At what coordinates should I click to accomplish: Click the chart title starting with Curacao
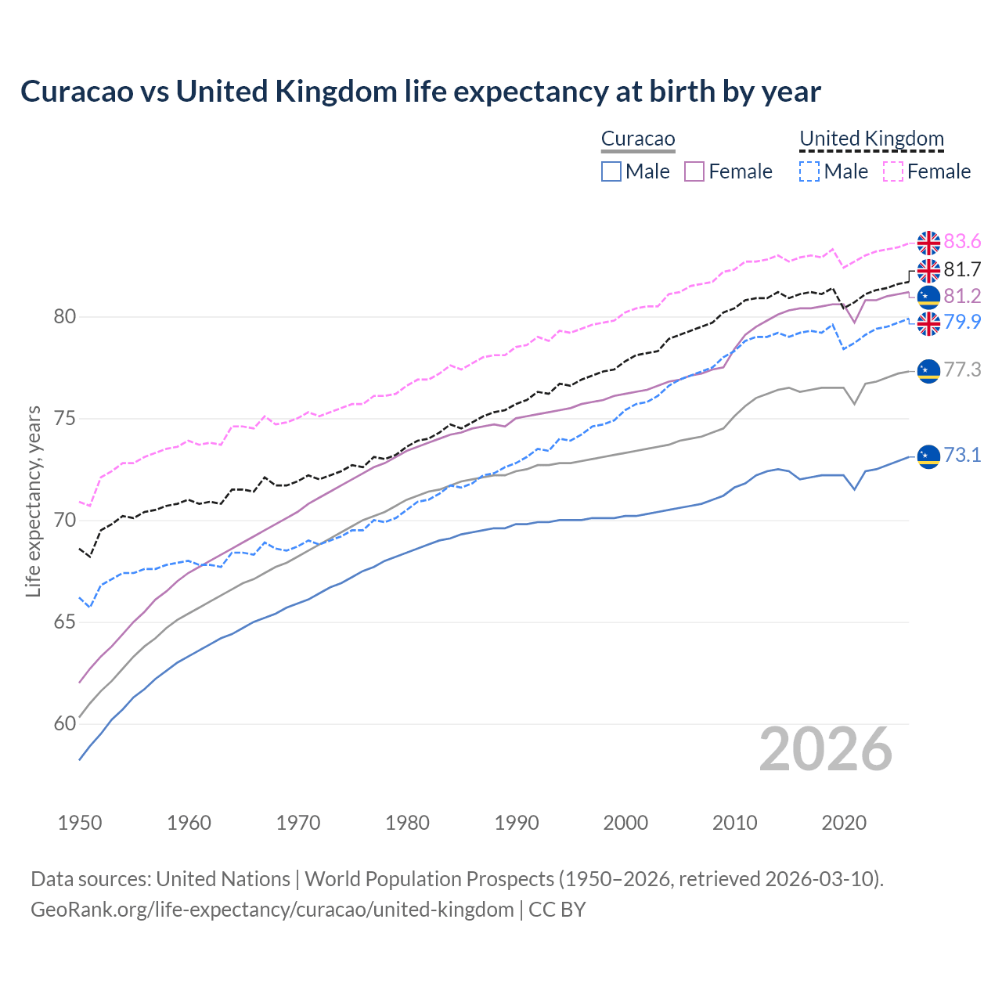tap(420, 92)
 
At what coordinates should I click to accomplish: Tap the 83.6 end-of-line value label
tap(962, 242)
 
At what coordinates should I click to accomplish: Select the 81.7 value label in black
tap(962, 270)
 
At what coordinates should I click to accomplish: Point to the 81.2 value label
tap(962, 297)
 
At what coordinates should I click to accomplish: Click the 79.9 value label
tap(962, 323)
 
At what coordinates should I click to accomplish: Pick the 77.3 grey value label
tap(962, 370)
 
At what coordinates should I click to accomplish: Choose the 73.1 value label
tap(962, 456)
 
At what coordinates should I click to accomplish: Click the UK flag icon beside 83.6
tap(928, 243)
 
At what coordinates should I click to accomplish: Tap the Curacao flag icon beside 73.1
tap(928, 456)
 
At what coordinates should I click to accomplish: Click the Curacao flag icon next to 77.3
tap(928, 370)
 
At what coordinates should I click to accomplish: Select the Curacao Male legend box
tap(611, 171)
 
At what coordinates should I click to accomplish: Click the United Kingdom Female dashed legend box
tap(893, 171)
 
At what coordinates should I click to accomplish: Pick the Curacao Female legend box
tap(694, 171)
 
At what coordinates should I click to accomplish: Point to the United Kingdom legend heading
tap(871, 139)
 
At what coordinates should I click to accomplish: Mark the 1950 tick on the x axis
tap(80, 823)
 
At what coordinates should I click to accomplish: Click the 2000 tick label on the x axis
tap(625, 823)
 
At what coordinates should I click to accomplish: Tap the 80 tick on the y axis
tap(65, 317)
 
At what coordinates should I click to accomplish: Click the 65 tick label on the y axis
tap(65, 622)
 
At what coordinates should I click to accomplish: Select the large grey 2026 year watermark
tap(826, 750)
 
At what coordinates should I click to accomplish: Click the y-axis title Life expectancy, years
tap(33, 501)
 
